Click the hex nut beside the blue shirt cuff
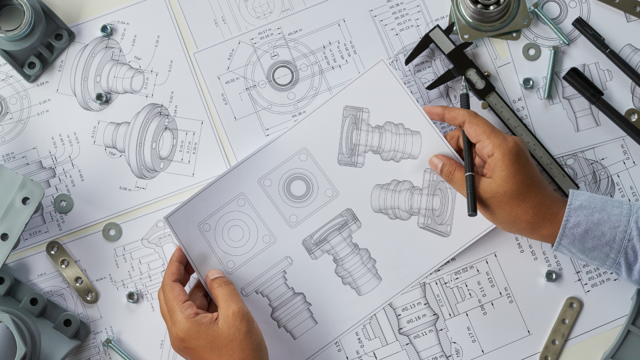(x=551, y=275)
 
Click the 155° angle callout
(x=456, y=349)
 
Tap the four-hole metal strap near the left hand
(x=71, y=271)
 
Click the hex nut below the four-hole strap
(x=132, y=297)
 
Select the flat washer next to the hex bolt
(x=531, y=51)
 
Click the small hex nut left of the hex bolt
(x=527, y=83)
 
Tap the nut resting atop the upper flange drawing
(x=106, y=30)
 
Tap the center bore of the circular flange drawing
(x=283, y=75)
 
